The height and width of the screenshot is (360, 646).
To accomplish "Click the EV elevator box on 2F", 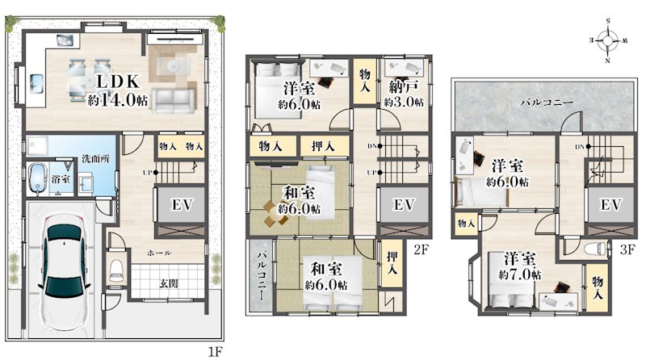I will coord(403,205).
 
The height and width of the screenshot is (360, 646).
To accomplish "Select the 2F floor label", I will coord(419,249).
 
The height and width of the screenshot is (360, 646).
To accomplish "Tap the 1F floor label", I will coord(212,351).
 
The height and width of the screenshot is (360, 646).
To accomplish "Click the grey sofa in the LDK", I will coord(173,100).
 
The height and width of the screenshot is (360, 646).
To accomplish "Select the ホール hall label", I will coord(157,253).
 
